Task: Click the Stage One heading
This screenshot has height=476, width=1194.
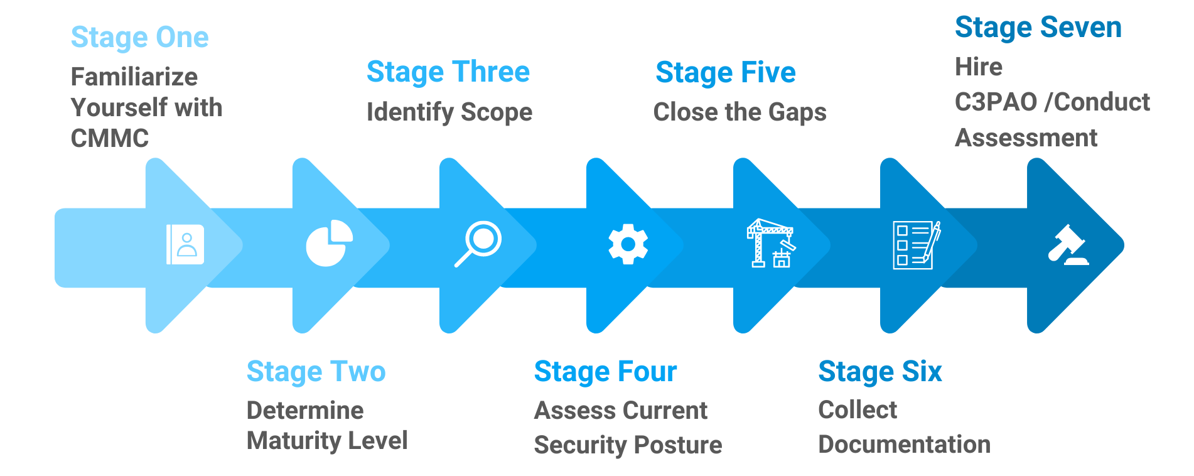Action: coord(139,38)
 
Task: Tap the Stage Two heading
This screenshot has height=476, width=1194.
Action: coord(316,372)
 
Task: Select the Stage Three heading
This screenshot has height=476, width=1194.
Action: coord(448,72)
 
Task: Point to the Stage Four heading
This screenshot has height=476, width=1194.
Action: coord(605,372)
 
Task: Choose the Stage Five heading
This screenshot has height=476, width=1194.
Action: coord(725,73)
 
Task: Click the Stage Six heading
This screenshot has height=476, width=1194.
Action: coord(879,372)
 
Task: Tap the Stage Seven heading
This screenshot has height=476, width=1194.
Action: coord(1038,28)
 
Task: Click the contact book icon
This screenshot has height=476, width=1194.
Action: coord(185,244)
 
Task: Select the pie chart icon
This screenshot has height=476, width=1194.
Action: coord(329,243)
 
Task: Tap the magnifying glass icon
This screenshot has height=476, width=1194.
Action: coord(478,244)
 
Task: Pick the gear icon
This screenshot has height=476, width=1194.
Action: coord(628,244)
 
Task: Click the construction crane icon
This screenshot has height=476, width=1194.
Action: coord(771,244)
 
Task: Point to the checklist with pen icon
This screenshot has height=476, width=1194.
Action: coord(916,245)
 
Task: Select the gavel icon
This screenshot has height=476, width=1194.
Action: coord(1068,245)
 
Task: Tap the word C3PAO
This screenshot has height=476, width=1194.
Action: coord(995,102)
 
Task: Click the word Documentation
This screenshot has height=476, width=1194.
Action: coord(904,445)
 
